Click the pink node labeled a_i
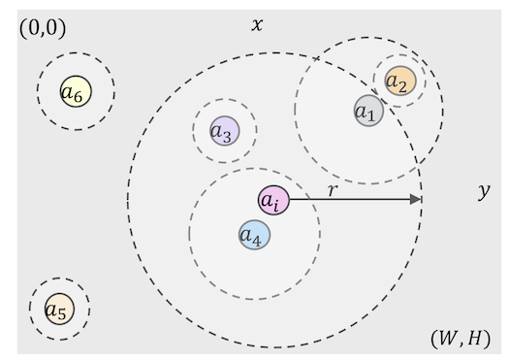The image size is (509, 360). [x=273, y=200]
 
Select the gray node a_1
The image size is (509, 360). [x=368, y=111]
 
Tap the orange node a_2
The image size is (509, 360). [x=399, y=82]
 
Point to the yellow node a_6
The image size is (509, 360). [x=75, y=92]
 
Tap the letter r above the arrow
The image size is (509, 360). [x=333, y=189]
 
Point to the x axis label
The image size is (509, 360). [x=257, y=23]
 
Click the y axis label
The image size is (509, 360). [x=484, y=191]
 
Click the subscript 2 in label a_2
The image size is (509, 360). [x=402, y=85]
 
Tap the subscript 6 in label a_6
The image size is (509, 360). [x=79, y=96]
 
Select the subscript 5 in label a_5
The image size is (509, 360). [x=63, y=314]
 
